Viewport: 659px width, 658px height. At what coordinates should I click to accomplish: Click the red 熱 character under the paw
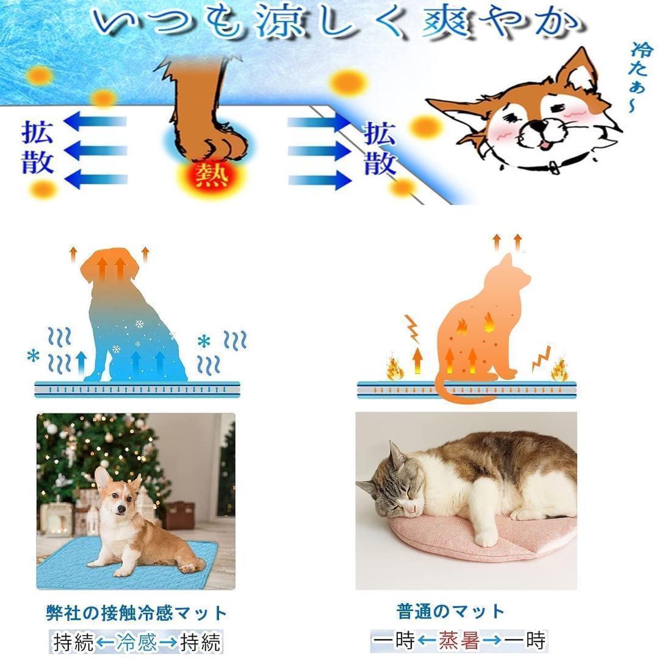pyautogui.click(x=212, y=176)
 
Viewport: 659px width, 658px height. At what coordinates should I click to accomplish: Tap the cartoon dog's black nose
pyautogui.click(x=536, y=127)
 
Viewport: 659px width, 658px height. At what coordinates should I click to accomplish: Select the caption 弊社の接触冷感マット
pyautogui.click(x=136, y=612)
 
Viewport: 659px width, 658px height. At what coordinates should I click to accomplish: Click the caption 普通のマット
pyautogui.click(x=450, y=611)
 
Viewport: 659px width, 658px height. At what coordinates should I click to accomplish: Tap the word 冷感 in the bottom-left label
pyautogui.click(x=136, y=642)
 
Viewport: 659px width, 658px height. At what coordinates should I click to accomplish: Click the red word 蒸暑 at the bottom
pyautogui.click(x=459, y=640)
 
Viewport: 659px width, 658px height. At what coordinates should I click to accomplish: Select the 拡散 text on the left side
pyautogui.click(x=38, y=148)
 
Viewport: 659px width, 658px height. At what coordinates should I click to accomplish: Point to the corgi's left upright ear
pyautogui.click(x=103, y=478)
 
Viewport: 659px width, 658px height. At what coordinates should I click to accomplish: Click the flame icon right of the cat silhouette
pyautogui.click(x=558, y=370)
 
